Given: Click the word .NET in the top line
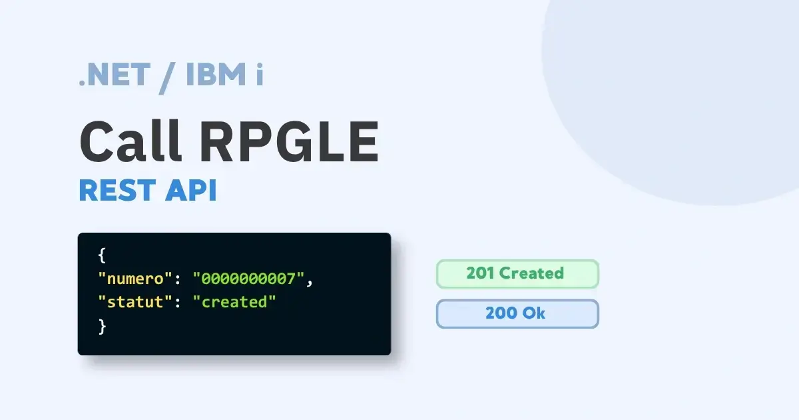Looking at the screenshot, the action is pos(114,75).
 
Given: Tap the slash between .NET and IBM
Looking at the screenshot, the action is pos(166,78).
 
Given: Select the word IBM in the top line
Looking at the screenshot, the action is pos(216,74).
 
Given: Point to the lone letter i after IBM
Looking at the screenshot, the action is pos(260,74).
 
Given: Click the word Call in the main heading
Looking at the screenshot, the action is pos(131,141).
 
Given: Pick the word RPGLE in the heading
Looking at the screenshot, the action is pos(289,141).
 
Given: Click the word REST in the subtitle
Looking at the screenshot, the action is pos(117,191).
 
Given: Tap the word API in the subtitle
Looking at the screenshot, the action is pos(191,191).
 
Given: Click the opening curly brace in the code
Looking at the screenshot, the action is pos(102,255).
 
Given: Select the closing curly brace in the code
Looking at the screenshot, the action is pos(102,327).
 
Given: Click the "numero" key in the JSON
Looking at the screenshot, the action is pos(135,279).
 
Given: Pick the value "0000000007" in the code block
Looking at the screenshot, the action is pos(248,279).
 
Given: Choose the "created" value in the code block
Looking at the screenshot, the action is pos(234,302).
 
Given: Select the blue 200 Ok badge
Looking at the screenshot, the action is pos(517,313).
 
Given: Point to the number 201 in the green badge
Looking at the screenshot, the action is pos(480,273).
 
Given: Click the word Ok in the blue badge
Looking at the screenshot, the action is pos(534,313).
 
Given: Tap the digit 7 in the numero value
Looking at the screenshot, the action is pos(291,279).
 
